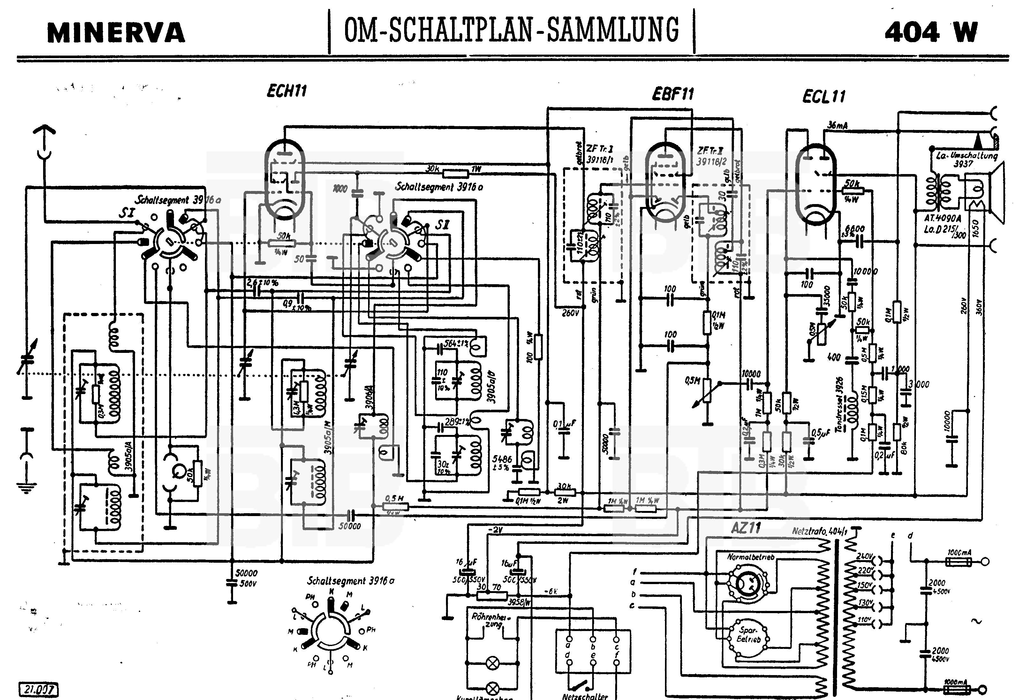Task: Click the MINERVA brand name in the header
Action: tap(116, 33)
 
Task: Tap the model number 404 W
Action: tap(931, 32)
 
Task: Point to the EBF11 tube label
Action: tap(673, 94)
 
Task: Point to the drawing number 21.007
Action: tap(39, 689)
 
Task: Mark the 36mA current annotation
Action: tap(837, 126)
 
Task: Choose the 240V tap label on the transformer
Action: tap(865, 556)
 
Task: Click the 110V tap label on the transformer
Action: tap(864, 620)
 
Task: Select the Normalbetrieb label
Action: tap(751, 557)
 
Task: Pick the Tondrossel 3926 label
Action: tap(839, 404)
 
